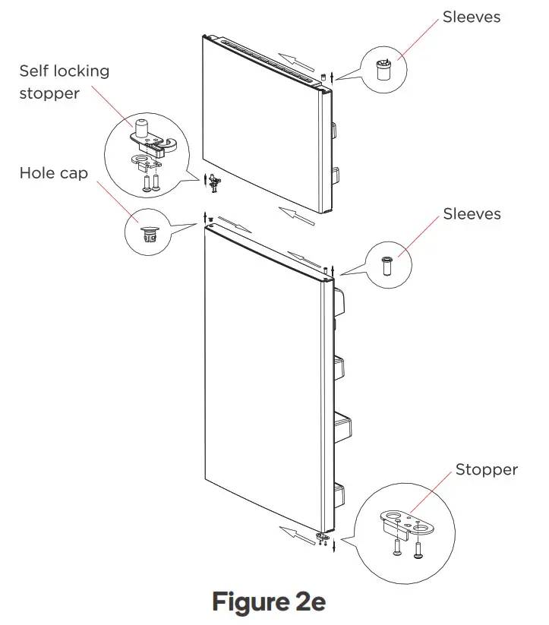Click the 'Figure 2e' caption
click(269, 601)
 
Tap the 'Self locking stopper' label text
click(65, 82)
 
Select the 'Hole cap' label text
click(53, 173)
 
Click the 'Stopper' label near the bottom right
click(486, 469)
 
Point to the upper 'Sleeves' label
click(472, 17)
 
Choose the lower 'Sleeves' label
click(472, 214)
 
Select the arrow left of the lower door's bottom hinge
click(292, 529)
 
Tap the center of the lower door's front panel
click(262, 380)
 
